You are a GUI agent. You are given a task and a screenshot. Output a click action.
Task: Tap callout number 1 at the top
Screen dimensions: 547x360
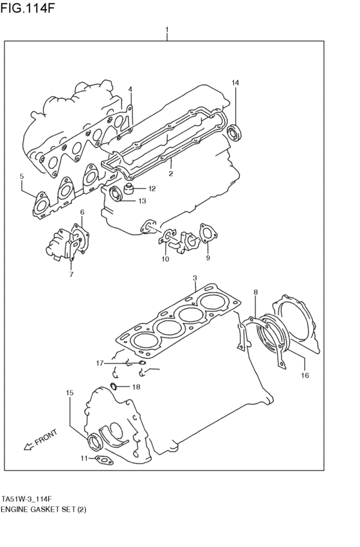(167, 30)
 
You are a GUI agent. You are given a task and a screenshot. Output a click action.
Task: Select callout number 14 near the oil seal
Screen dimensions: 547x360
(235, 83)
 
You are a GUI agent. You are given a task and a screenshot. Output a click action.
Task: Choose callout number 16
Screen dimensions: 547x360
(305, 375)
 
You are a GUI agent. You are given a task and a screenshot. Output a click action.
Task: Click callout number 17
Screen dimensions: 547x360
(100, 364)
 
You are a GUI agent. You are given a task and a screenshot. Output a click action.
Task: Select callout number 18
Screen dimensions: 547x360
(136, 386)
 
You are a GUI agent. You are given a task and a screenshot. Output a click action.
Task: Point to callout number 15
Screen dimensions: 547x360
(69, 391)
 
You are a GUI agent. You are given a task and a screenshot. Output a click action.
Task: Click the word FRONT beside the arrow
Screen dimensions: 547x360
(46, 437)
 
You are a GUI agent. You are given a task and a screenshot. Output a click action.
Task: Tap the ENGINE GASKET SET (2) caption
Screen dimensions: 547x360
(44, 509)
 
